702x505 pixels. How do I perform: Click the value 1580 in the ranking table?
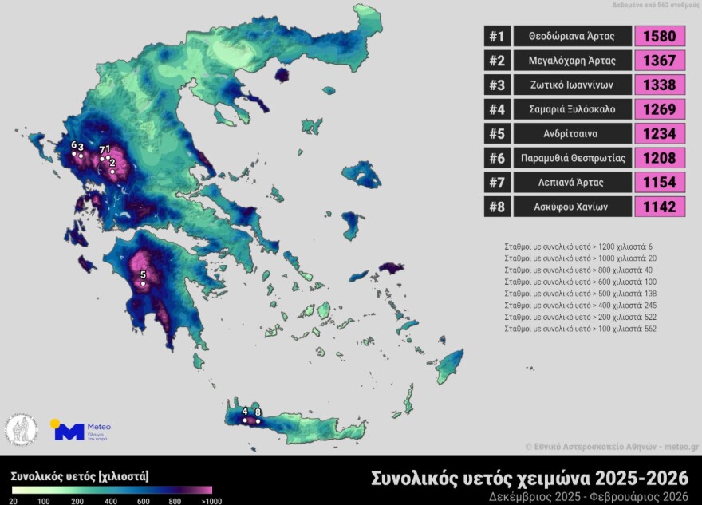pyautogui.click(x=660, y=36)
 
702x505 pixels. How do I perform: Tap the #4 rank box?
pyautogui.click(x=496, y=109)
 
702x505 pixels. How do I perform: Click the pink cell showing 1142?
pyautogui.click(x=660, y=207)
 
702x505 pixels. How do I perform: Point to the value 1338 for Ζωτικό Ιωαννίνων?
pyautogui.click(x=660, y=85)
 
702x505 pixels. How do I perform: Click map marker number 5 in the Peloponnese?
pyautogui.click(x=144, y=282)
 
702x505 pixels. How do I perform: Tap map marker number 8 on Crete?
pyautogui.click(x=258, y=420)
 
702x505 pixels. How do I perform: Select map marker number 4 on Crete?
pyautogui.click(x=245, y=420)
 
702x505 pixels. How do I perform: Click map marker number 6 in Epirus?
pyautogui.click(x=74, y=153)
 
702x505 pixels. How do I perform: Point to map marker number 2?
pyautogui.click(x=113, y=172)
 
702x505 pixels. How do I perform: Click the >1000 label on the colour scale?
pyautogui.click(x=212, y=500)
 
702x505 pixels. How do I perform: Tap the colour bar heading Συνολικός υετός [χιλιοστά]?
pyautogui.click(x=80, y=476)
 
